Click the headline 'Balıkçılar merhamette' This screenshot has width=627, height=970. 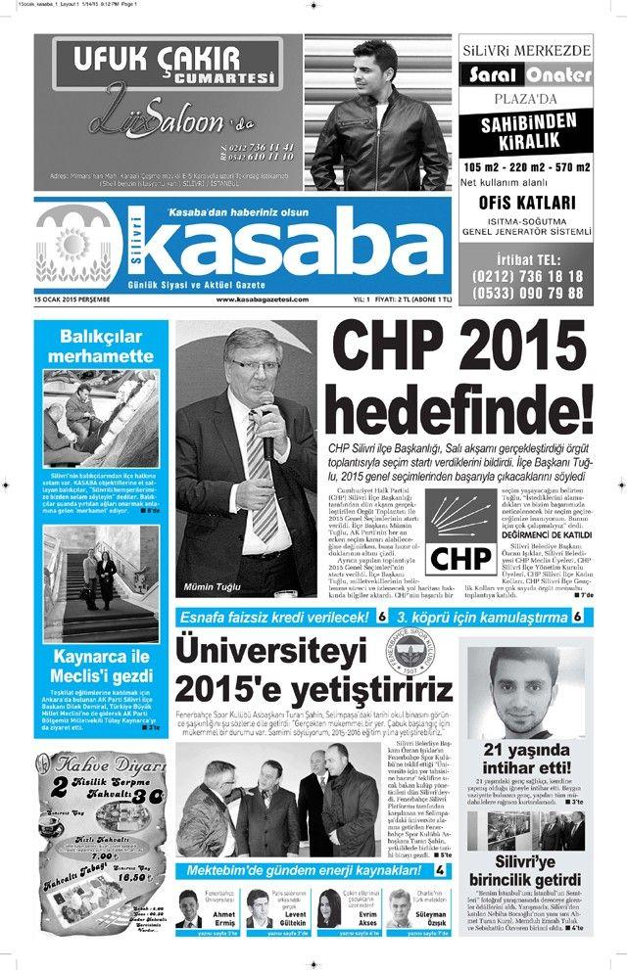point(94,346)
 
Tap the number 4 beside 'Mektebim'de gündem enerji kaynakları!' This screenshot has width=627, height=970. point(441,870)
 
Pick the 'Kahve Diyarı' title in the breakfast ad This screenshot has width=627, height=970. point(98,764)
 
